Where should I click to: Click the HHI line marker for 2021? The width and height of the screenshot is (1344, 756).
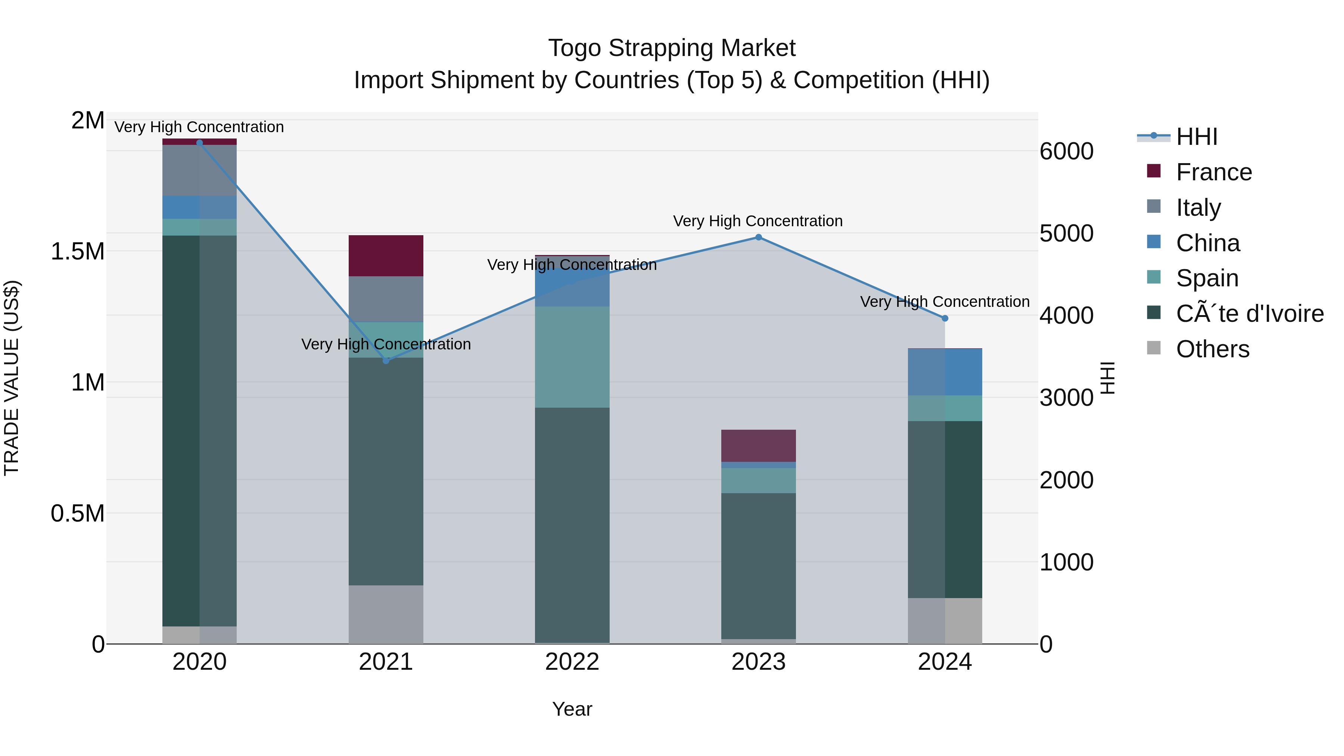click(386, 361)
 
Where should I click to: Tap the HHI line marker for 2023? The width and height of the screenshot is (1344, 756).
click(759, 237)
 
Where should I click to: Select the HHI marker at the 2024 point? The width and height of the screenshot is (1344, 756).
click(945, 318)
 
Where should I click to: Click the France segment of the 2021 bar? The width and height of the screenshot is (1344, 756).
click(386, 256)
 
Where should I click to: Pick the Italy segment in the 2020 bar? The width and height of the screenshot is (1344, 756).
click(199, 170)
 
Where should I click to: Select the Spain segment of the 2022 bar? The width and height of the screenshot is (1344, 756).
click(572, 357)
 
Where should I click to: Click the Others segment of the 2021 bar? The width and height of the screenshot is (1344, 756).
click(386, 614)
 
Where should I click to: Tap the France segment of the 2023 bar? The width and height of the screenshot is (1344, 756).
click(759, 445)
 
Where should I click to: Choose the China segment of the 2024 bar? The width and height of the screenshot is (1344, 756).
click(945, 372)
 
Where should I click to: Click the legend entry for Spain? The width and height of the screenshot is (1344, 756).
click(1207, 278)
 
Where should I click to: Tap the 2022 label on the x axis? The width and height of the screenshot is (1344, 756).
click(572, 662)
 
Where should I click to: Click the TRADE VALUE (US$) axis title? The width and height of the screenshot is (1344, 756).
click(12, 378)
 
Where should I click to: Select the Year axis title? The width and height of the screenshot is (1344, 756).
click(572, 709)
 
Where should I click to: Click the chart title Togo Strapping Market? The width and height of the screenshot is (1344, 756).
click(672, 48)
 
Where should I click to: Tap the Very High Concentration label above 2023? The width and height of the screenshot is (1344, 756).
click(757, 221)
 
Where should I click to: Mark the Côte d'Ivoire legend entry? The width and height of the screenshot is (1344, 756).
click(1249, 314)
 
